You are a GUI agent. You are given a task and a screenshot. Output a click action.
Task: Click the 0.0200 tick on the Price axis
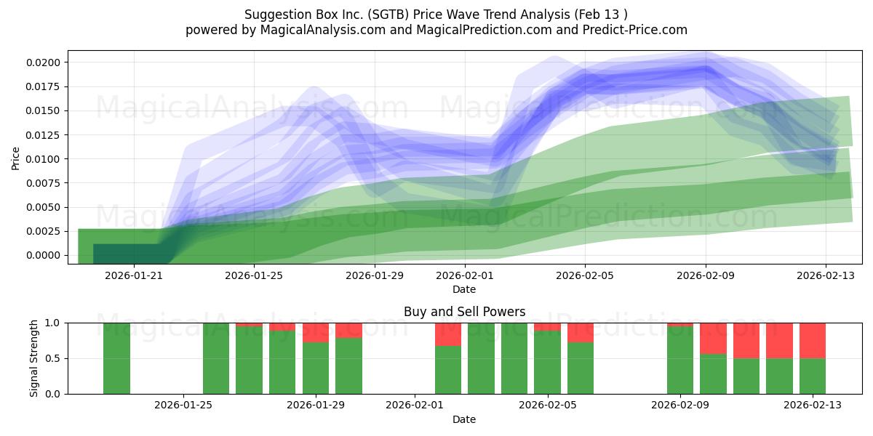(x=45, y=62)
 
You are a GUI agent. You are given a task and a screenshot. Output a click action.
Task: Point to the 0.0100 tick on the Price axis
(x=45, y=159)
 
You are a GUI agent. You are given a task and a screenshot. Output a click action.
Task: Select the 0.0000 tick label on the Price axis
(x=45, y=256)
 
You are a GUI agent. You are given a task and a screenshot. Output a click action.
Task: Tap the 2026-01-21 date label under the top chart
(x=134, y=275)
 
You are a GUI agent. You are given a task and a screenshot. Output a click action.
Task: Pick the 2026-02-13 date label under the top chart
(x=825, y=275)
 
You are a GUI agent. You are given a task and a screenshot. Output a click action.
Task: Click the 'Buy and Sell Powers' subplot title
(x=464, y=312)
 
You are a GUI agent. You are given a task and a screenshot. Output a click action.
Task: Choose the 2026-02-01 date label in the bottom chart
(x=415, y=405)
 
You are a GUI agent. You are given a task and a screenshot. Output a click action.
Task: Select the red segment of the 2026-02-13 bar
(x=813, y=340)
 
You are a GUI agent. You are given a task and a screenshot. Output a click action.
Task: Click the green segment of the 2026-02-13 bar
(x=813, y=376)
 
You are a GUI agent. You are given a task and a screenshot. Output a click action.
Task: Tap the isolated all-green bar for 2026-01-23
(x=116, y=358)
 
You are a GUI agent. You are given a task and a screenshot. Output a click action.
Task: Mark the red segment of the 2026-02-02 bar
(x=448, y=334)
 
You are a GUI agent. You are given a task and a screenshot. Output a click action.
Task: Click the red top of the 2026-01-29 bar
(x=316, y=332)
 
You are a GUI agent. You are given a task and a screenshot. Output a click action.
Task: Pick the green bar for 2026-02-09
(x=680, y=360)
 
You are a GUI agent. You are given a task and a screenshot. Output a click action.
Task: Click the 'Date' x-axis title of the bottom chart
(x=464, y=419)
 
